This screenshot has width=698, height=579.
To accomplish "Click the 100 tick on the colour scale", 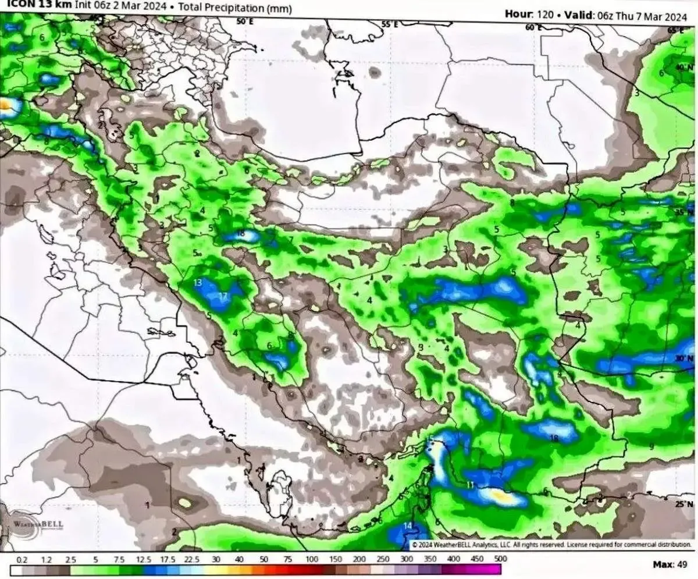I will [x=312, y=559].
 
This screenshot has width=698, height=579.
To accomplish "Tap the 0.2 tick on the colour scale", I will [x=22, y=559].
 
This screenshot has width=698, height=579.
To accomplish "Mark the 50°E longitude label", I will [x=245, y=22].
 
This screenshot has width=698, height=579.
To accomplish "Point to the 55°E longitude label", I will [x=389, y=24].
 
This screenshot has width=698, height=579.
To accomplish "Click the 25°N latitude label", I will [x=685, y=505].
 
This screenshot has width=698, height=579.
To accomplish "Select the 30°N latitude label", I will [x=685, y=358].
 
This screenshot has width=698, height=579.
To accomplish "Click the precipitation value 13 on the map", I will [x=198, y=283].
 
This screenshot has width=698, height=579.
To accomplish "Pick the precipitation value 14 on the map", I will [x=408, y=526].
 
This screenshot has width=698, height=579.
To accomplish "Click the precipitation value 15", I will [x=430, y=438].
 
